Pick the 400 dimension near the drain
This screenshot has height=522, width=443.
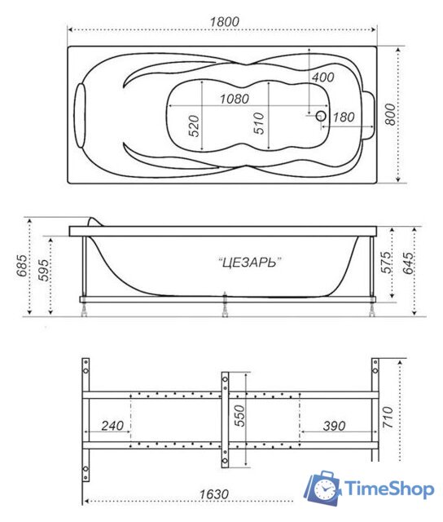pyautogui.click(x=322, y=77)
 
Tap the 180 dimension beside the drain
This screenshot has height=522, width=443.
pyautogui.click(x=344, y=117)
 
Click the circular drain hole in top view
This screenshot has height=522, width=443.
pyautogui.click(x=320, y=116)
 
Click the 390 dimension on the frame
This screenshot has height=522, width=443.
pyautogui.click(x=333, y=425)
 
